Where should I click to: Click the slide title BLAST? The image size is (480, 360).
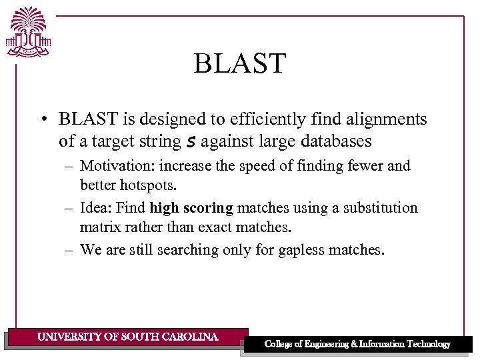click(239, 64)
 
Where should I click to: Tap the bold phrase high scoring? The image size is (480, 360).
click(191, 208)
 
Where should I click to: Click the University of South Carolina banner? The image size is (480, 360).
click(127, 337)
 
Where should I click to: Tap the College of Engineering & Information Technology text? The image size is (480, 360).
click(357, 344)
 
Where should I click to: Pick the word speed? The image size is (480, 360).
click(254, 166)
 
